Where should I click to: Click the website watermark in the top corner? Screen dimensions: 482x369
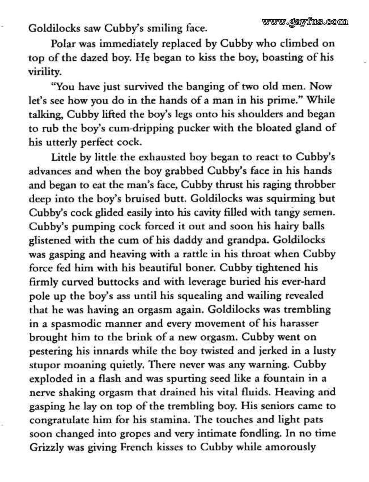pos(305,22)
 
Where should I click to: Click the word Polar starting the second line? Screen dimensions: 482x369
pos(63,43)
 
